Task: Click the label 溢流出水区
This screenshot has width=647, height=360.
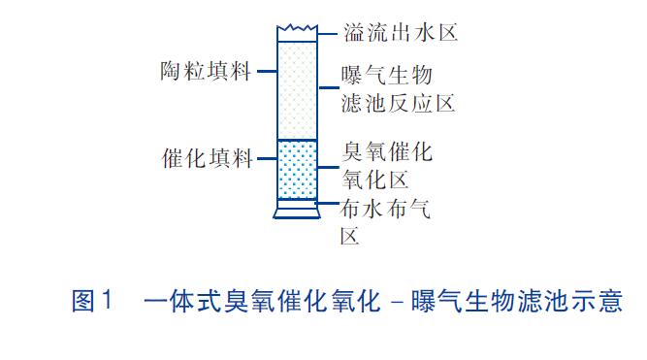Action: [400, 33]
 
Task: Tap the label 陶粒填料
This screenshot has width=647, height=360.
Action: [205, 72]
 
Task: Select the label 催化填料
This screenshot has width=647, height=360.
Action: [207, 158]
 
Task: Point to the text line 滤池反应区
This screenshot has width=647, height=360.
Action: [398, 101]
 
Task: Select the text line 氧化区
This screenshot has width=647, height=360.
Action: [374, 179]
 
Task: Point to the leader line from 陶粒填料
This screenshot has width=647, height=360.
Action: [263, 72]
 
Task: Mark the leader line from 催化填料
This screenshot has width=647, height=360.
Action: [265, 158]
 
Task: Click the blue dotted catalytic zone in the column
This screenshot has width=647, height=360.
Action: [298, 169]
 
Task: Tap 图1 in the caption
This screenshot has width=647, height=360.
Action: [93, 301]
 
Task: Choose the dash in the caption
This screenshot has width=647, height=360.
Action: [397, 302]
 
